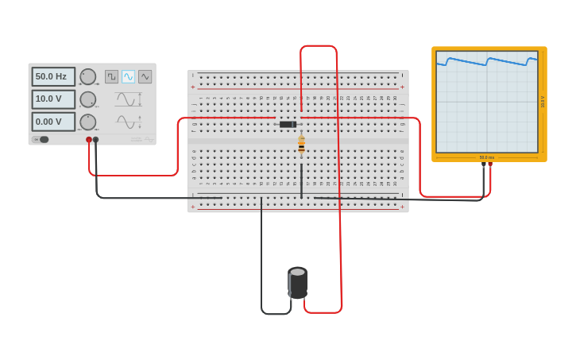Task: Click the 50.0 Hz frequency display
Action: (x=53, y=76)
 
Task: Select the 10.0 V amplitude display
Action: (x=53, y=99)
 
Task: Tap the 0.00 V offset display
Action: (x=53, y=122)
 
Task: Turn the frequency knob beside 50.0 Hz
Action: (x=87, y=77)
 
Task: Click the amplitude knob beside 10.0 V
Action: (x=87, y=99)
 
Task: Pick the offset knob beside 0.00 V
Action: (x=87, y=122)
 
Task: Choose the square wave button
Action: (x=111, y=76)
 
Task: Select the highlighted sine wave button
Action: (x=128, y=76)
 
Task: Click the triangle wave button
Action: (x=145, y=76)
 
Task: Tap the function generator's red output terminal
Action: (x=89, y=140)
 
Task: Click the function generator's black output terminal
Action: (x=96, y=140)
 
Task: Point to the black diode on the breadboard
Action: (x=288, y=124)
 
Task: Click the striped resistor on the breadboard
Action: (x=301, y=145)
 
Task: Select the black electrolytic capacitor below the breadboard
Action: (x=297, y=282)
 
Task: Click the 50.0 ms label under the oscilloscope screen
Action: (x=486, y=157)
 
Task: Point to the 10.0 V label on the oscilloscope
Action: (x=543, y=102)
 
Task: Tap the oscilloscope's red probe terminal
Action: (x=490, y=165)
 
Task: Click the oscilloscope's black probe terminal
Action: (x=483, y=165)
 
